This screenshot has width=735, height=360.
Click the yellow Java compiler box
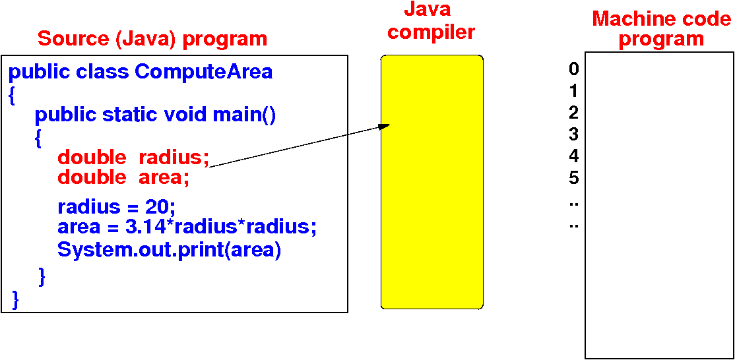(432, 198)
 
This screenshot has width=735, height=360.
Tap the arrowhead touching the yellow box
(385, 126)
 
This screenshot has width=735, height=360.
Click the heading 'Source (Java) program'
(152, 38)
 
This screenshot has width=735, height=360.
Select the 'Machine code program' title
(661, 28)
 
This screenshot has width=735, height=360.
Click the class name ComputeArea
(204, 71)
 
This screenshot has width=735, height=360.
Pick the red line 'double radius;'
(133, 158)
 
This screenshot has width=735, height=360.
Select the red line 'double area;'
(123, 177)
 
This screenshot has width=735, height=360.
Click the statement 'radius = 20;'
(116, 207)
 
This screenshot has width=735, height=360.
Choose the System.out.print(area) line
(169, 251)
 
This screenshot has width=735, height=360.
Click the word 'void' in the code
(186, 115)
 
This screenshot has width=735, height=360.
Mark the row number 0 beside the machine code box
(573, 69)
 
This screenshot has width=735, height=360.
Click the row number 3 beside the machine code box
(573, 135)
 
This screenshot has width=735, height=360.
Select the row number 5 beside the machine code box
(573, 178)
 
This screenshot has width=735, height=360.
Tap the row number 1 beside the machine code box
(573, 91)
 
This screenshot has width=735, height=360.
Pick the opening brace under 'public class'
(12, 95)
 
